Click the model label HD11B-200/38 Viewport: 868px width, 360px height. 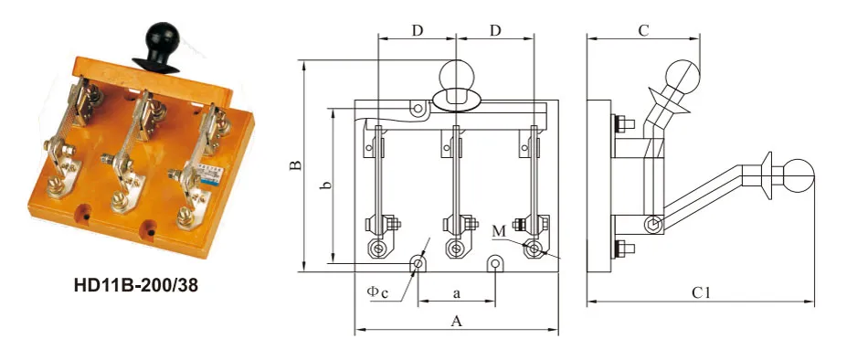135,285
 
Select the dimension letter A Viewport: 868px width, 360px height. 457,322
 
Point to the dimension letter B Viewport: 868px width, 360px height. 297,165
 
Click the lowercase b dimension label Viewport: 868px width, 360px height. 327,185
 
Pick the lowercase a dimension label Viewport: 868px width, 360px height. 457,294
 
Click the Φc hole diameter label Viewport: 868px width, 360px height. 377,291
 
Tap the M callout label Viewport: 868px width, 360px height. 499,231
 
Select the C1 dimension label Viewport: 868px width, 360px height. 701,293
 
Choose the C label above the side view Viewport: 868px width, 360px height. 642,30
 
